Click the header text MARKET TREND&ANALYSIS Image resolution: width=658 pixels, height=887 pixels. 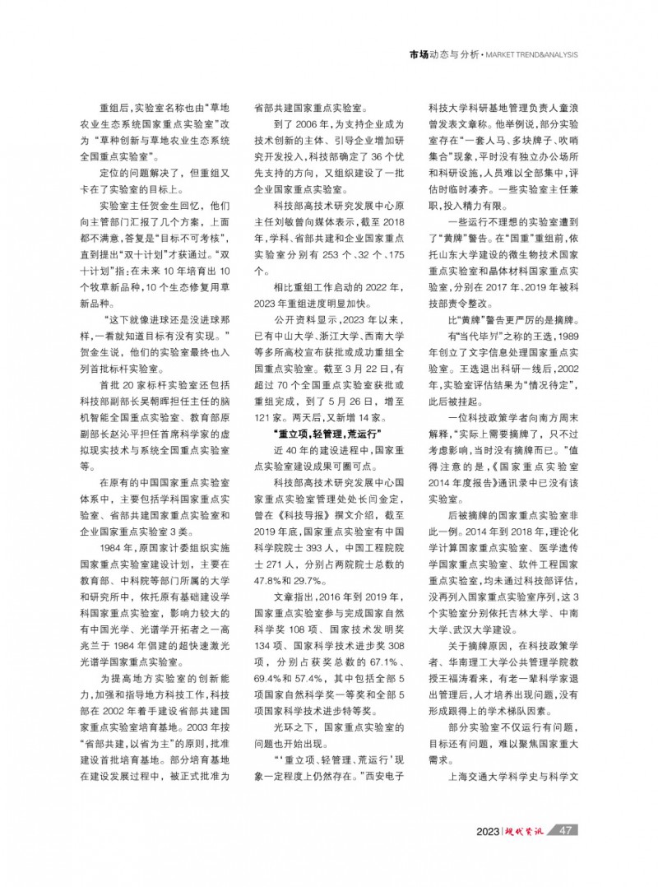click(x=530, y=55)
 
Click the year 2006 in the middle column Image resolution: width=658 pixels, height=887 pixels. click(x=300, y=123)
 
